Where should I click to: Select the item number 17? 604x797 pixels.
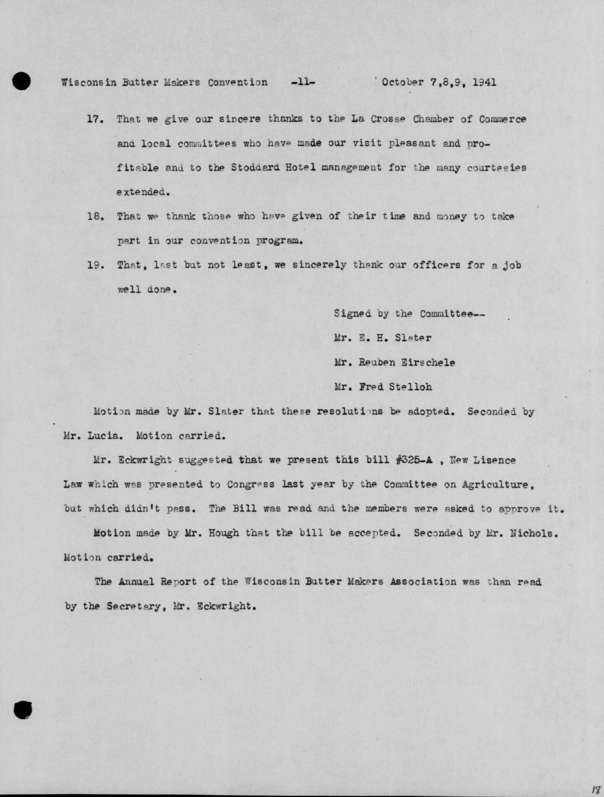95,119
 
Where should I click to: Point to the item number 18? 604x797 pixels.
95,216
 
